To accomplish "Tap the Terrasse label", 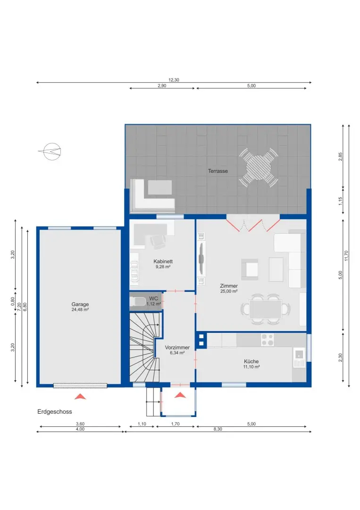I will click(x=218, y=171).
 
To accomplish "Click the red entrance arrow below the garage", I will click(x=81, y=396).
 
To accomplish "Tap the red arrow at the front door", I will click(x=180, y=395).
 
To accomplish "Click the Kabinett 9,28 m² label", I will click(x=163, y=263).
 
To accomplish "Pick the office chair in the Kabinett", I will click(x=158, y=241).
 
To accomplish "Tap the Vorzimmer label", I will click(x=177, y=349).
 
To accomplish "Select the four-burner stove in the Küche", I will click(x=268, y=340).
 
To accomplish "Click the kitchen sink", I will click(x=299, y=357).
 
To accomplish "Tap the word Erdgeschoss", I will click(x=55, y=412).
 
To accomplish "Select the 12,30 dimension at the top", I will click(x=174, y=80).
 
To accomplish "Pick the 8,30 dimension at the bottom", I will click(x=218, y=429).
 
